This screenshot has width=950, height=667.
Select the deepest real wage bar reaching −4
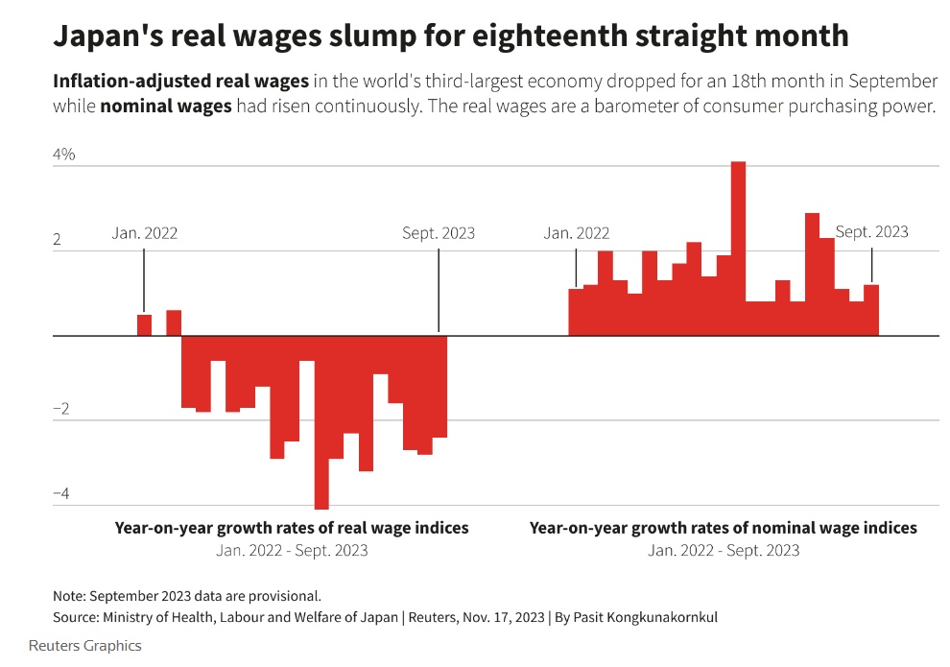click(x=321, y=422)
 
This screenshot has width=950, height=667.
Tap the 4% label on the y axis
click(x=63, y=155)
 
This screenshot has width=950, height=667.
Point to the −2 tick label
click(x=61, y=409)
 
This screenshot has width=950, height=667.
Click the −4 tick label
click(x=61, y=493)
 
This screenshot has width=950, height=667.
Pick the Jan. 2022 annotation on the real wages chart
click(x=145, y=233)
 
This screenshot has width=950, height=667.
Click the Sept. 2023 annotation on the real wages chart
click(x=439, y=233)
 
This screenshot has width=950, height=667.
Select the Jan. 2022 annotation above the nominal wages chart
click(x=576, y=233)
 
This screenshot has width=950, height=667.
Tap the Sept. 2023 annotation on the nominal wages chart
click(x=871, y=232)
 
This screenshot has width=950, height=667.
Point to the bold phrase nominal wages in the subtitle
click(x=166, y=107)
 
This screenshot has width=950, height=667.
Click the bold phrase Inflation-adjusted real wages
click(x=181, y=82)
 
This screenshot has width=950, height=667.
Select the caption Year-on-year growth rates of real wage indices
click(x=292, y=528)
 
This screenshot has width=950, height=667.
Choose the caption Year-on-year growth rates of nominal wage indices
click(x=724, y=528)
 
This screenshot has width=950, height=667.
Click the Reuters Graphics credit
click(x=85, y=646)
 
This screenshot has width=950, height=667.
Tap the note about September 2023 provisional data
click(x=187, y=595)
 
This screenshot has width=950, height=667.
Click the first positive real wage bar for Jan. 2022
click(x=144, y=325)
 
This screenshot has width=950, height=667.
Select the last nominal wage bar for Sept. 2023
click(x=871, y=310)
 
